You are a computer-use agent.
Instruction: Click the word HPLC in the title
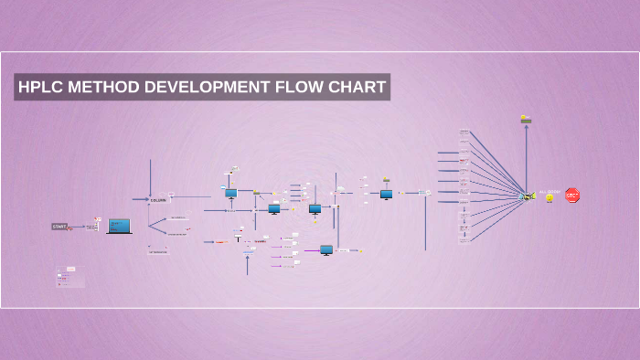click(41, 88)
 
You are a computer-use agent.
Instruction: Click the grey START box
click(59, 226)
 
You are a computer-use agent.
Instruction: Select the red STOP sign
click(572, 195)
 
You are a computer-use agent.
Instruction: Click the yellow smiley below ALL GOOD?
click(549, 197)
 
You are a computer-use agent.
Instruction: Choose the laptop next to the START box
click(120, 226)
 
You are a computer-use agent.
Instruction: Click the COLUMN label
click(158, 199)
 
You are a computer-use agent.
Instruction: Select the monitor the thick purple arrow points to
click(326, 249)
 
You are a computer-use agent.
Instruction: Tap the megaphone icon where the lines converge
click(528, 196)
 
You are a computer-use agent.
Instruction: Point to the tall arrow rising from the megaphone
click(526, 155)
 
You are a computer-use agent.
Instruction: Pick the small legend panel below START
click(70, 277)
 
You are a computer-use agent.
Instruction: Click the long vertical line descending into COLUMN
click(151, 177)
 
